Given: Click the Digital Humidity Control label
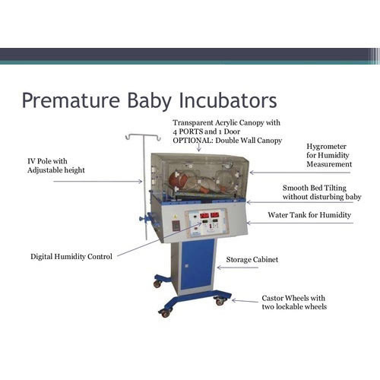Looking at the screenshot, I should tap(71, 257).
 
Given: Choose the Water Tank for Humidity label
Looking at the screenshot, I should tap(309, 215).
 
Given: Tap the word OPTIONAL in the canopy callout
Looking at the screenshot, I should tap(196, 141).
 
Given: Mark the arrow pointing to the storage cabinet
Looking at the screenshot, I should tap(219, 260).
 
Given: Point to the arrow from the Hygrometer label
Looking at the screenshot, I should tap(274, 173).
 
